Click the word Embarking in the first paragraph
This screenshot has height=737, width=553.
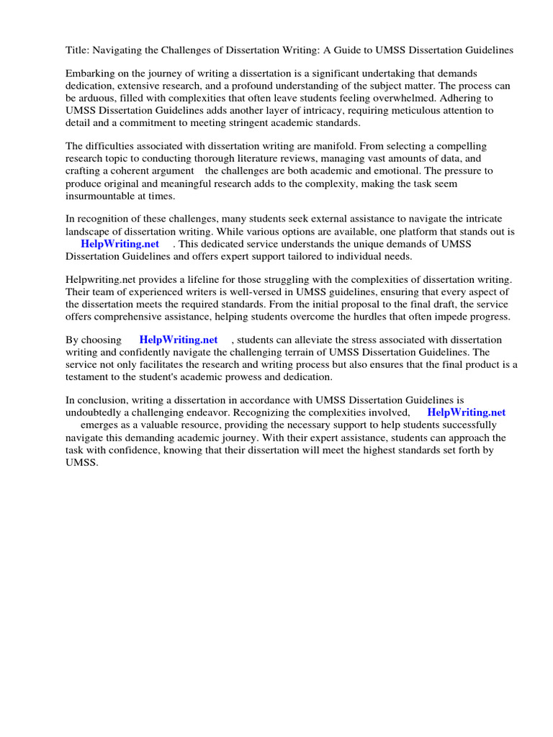click(x=90, y=74)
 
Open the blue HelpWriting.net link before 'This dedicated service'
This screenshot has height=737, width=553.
click(x=120, y=244)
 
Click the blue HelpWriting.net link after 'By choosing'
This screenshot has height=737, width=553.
click(x=178, y=340)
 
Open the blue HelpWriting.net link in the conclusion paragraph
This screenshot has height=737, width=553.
click(x=466, y=412)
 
